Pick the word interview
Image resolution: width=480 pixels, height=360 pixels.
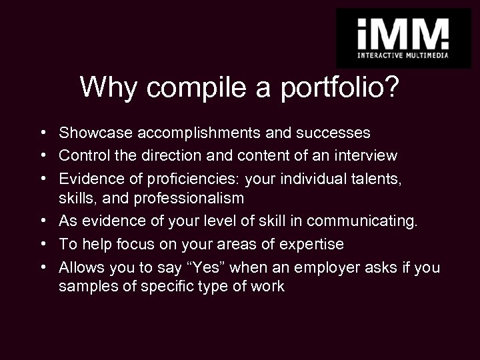[x=365, y=155]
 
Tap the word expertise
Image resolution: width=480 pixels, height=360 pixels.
[x=310, y=244]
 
